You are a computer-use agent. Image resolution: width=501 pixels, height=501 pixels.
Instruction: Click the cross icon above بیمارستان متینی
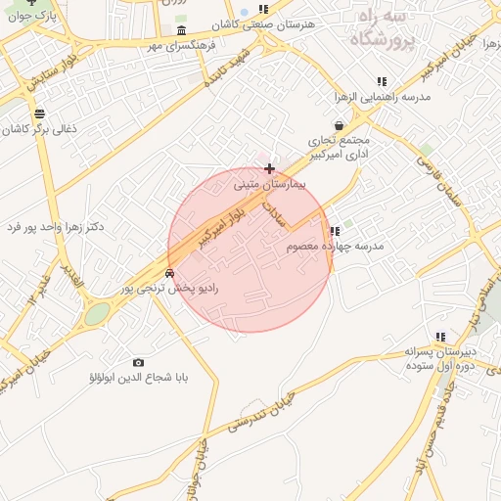[x=269, y=169]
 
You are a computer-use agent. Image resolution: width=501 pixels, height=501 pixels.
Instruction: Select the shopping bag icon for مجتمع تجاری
[x=339, y=125]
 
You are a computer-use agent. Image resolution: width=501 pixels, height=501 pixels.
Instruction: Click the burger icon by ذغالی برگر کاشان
[x=39, y=114]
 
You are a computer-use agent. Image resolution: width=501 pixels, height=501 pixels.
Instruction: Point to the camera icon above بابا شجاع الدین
[x=138, y=362]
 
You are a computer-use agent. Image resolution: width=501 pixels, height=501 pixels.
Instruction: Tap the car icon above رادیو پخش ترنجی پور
[x=170, y=273]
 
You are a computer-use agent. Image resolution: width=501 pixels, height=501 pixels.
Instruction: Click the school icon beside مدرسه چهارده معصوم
[x=335, y=232]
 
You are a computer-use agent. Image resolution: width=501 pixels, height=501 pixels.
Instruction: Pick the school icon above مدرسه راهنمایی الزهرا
[x=381, y=81]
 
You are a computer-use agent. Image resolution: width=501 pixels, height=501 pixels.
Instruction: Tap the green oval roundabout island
[x=97, y=314]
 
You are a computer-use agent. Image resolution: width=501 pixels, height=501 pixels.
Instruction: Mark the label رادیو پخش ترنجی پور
[x=174, y=289]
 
